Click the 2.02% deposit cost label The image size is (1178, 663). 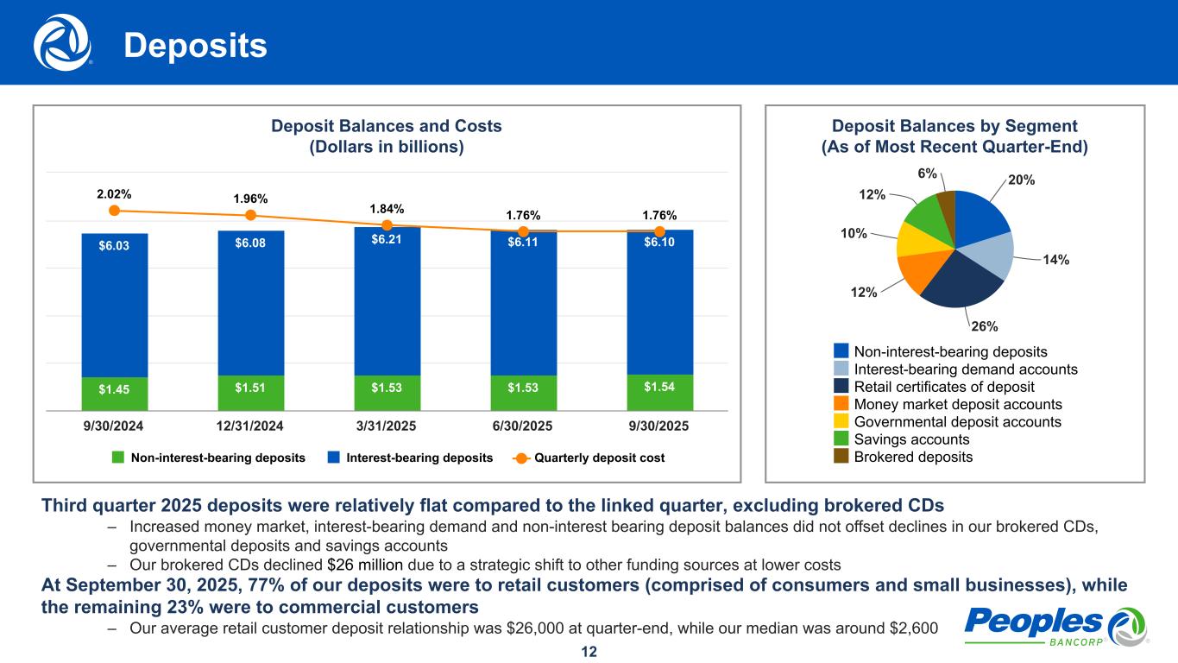tap(114, 194)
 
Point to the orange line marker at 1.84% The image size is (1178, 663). tap(387, 224)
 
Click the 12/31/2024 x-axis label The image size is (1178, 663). tap(250, 427)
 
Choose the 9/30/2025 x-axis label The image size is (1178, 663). tap(659, 427)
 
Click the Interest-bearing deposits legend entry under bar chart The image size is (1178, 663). tap(410, 458)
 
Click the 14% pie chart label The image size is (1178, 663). tap(1055, 259)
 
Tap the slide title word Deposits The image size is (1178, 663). tap(195, 47)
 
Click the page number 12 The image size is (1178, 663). tap(589, 651)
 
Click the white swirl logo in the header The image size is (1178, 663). tap(62, 42)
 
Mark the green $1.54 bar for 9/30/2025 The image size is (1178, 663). tap(659, 391)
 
